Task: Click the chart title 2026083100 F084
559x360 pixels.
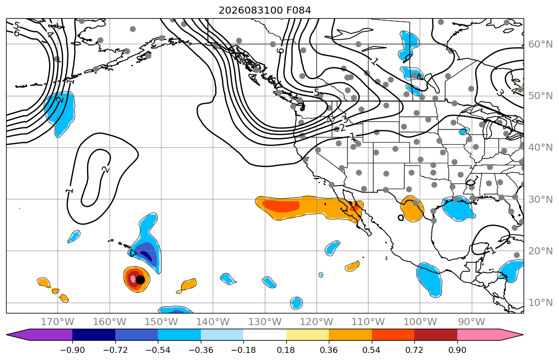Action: pos(265,10)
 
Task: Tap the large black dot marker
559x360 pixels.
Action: pos(140,280)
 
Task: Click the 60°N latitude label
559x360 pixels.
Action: pos(540,44)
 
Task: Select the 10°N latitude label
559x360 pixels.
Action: pos(540,303)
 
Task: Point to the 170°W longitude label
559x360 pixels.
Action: pos(57,322)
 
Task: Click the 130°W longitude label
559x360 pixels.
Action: pos(265,322)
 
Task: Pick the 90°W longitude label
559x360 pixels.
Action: pos(471,322)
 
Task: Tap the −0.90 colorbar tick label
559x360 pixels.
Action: pos(72,350)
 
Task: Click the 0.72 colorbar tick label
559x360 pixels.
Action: pos(414,350)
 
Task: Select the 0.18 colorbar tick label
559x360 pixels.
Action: pos(286,350)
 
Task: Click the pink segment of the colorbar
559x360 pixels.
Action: pos(479,335)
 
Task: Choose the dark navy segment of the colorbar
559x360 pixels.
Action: pos(94,335)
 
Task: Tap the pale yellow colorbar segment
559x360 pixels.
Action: pos(307,335)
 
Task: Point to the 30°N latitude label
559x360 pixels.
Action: pos(540,199)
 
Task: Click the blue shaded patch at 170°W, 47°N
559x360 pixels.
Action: pos(60,112)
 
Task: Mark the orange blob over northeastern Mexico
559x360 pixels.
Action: pos(412,209)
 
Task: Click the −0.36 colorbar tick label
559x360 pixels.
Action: pos(201,350)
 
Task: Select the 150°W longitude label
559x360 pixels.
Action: pos(161,322)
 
